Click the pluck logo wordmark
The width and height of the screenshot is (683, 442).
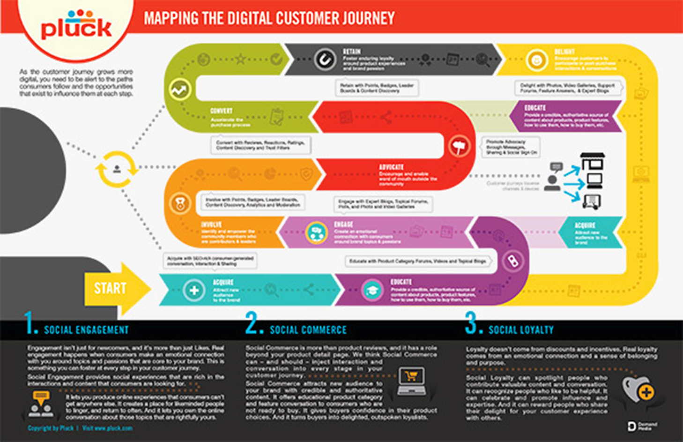76,28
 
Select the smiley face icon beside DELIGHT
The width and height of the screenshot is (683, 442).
536,60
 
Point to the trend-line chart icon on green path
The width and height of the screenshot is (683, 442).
179,89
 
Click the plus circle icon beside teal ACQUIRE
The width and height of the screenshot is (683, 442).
193,290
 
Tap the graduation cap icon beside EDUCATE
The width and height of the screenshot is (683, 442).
372,290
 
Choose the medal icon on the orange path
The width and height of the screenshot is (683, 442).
180,204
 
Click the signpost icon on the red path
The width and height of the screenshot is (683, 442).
459,146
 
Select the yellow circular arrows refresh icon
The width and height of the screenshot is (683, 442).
117,169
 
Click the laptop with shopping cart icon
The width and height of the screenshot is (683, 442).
412,381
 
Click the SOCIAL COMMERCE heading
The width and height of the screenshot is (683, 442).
308,330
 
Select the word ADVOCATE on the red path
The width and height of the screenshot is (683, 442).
391,167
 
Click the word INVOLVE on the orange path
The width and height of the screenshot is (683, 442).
211,225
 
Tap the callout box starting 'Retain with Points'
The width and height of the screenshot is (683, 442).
377,88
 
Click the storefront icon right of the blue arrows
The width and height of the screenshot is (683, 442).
593,161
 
